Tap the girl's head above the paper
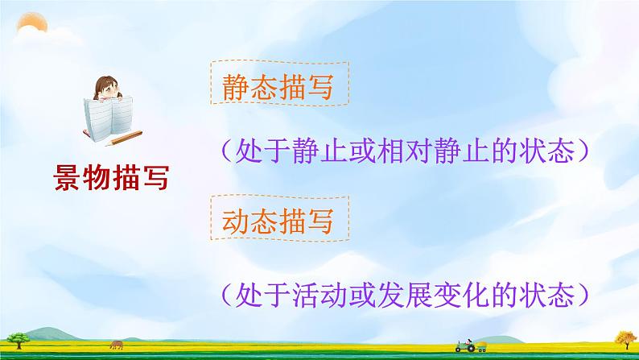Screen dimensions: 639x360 click(107, 88)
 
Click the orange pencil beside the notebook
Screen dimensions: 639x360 click(123, 139)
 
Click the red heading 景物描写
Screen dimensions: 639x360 click(111, 178)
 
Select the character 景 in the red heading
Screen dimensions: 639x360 click(68, 178)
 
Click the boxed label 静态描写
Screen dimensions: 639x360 click(279, 83)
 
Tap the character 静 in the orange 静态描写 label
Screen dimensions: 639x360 click(236, 87)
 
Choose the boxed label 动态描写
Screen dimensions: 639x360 click(279, 218)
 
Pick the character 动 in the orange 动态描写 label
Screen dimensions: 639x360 click(236, 221)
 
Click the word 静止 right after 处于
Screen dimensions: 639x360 click(320, 151)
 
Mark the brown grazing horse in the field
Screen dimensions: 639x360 click(117, 345)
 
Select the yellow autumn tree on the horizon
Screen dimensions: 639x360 click(626, 340)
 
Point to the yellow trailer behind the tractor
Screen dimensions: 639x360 click(481, 346)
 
